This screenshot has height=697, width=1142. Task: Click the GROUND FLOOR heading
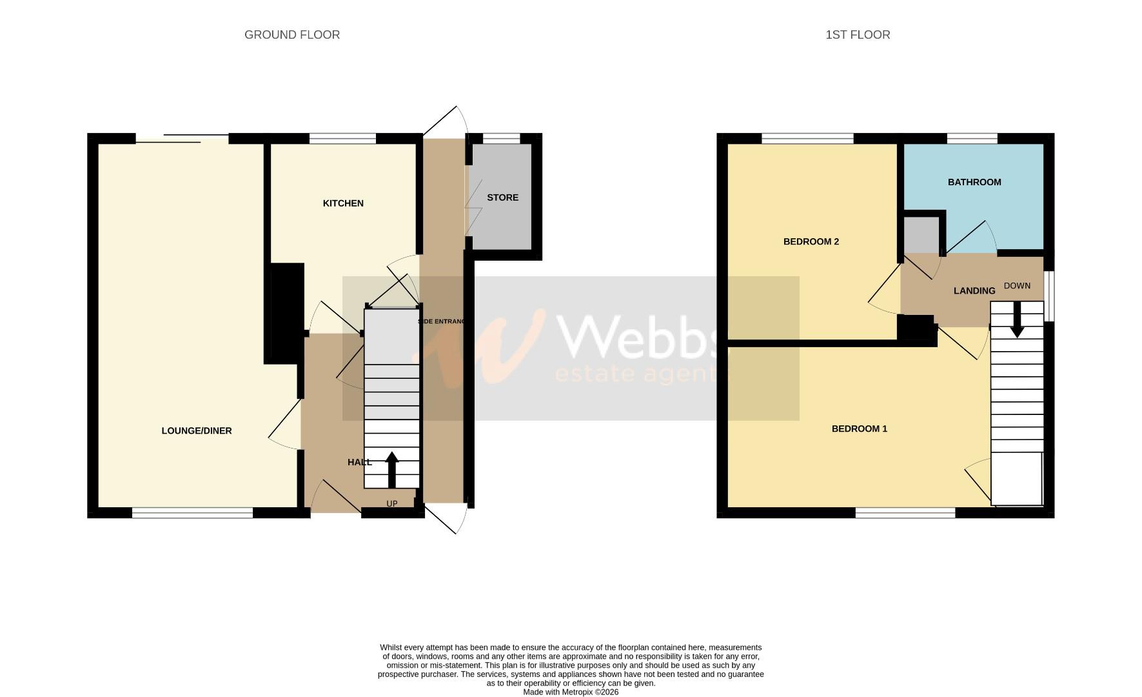click(291, 35)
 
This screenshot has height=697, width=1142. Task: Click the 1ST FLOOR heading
click(857, 35)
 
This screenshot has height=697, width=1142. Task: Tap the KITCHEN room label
click(343, 203)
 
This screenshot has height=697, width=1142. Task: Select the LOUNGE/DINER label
click(196, 430)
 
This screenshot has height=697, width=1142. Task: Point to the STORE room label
click(502, 197)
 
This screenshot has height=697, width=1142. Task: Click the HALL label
click(359, 462)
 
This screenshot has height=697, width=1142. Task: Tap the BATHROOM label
click(974, 182)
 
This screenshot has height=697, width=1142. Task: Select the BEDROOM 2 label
click(811, 241)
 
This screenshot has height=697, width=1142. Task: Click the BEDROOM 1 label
click(859, 429)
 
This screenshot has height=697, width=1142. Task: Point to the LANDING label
click(974, 291)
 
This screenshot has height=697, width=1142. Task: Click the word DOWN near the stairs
click(1017, 286)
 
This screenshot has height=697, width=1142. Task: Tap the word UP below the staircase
click(391, 503)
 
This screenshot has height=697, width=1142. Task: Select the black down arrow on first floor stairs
click(1017, 320)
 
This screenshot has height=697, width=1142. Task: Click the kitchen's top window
click(342, 138)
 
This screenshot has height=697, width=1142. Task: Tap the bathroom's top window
click(972, 138)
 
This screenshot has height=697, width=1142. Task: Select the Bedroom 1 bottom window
click(905, 513)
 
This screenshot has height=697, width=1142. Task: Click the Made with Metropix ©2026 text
click(570, 692)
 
